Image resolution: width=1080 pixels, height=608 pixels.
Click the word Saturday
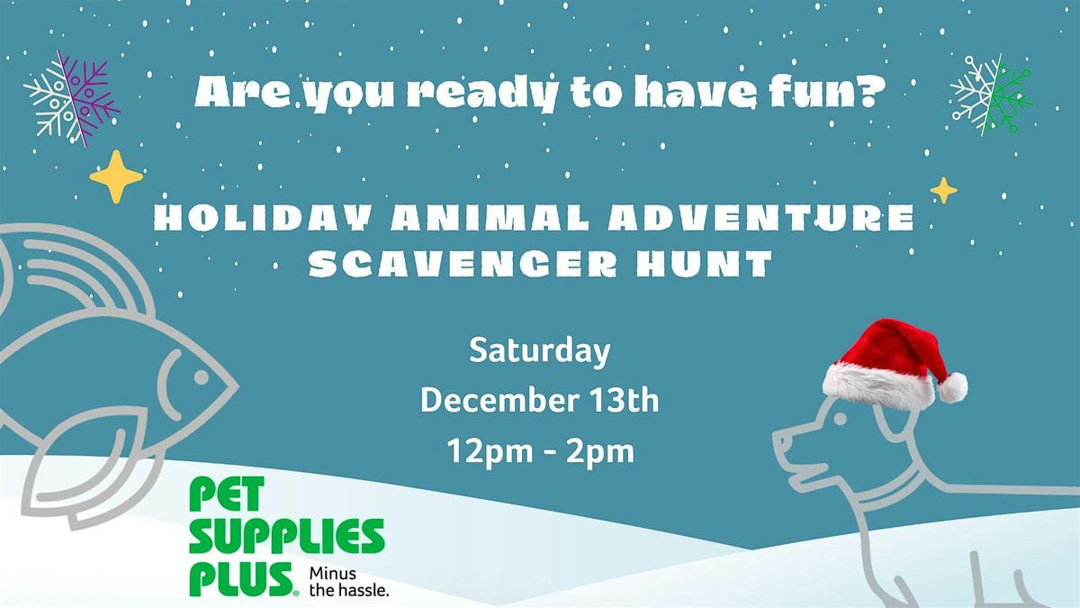[x=539, y=351]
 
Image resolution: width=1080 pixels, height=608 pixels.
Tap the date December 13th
[x=539, y=401]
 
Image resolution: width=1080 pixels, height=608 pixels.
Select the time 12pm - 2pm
[x=539, y=451]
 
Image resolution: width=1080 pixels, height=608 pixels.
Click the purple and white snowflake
[x=72, y=98]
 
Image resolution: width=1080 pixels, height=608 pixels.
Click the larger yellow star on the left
[x=116, y=177]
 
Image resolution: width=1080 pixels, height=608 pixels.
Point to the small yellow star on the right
[x=943, y=190]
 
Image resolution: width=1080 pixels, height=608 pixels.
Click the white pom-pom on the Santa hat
[x=951, y=386]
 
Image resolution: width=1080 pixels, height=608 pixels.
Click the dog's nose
[x=778, y=441]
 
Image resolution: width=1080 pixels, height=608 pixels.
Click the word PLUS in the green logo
[x=238, y=578]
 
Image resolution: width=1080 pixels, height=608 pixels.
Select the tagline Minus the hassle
[x=349, y=582]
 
